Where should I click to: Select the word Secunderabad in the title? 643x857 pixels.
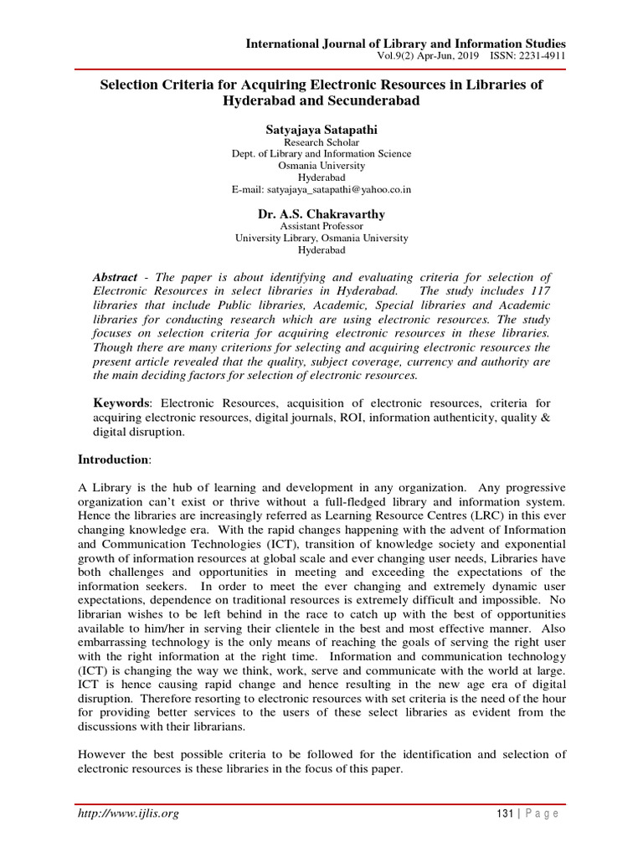pos(369,100)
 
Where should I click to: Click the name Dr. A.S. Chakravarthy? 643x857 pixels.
pos(321,213)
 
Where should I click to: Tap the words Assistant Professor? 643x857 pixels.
pos(321,226)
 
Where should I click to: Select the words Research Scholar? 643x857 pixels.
pos(321,141)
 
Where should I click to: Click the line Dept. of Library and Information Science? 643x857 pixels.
pos(321,153)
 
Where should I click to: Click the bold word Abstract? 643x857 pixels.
pos(114,277)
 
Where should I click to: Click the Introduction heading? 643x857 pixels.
pos(113,459)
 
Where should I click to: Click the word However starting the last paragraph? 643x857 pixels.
pos(102,754)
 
